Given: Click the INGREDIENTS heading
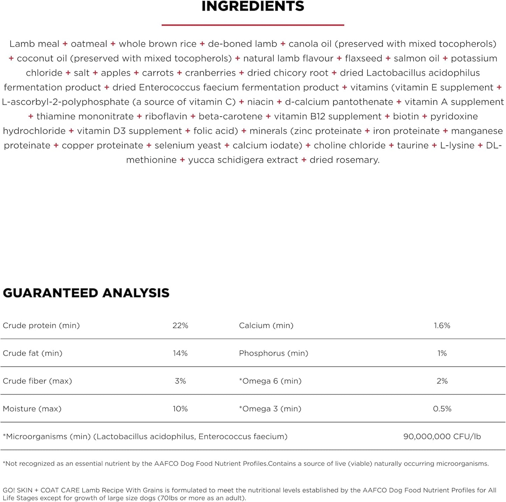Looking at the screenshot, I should (x=253, y=6).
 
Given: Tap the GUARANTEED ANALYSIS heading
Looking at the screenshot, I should (x=86, y=293).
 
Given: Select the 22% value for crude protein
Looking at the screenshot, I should (x=180, y=325).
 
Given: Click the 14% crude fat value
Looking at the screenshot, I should (x=180, y=353).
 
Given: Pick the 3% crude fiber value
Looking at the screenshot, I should (x=180, y=381).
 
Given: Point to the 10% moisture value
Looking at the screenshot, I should (x=180, y=408).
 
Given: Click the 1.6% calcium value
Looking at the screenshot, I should (x=442, y=325).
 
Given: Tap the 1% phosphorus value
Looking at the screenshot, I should (x=442, y=353).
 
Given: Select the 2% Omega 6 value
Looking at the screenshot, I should (x=442, y=381).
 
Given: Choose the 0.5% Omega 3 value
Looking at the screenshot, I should (x=442, y=408).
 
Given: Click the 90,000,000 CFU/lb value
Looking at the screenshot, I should (x=442, y=436).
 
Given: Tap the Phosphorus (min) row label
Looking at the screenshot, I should (x=273, y=353).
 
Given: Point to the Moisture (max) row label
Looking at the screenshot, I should (x=32, y=408).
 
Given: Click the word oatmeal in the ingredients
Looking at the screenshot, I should (x=89, y=44).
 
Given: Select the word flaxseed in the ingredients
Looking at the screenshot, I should (x=363, y=58).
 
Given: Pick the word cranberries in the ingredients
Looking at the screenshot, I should (x=210, y=73).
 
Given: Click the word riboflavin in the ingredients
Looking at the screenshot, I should (x=166, y=116).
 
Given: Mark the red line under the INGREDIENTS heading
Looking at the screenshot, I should (x=253, y=25).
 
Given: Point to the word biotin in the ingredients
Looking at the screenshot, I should (x=406, y=116).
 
